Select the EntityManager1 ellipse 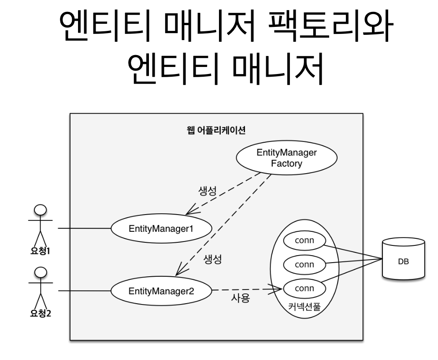[x=161, y=229]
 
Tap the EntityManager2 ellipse [x=161, y=291]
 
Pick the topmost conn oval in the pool [x=304, y=241]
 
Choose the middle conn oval [x=304, y=265]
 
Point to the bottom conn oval [x=304, y=289]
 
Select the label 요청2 [x=40, y=314]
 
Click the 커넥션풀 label [x=304, y=307]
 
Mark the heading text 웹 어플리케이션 [x=216, y=130]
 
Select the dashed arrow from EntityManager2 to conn [x=247, y=290]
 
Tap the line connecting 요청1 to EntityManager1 [x=84, y=229]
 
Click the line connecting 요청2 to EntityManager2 [x=84, y=291]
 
